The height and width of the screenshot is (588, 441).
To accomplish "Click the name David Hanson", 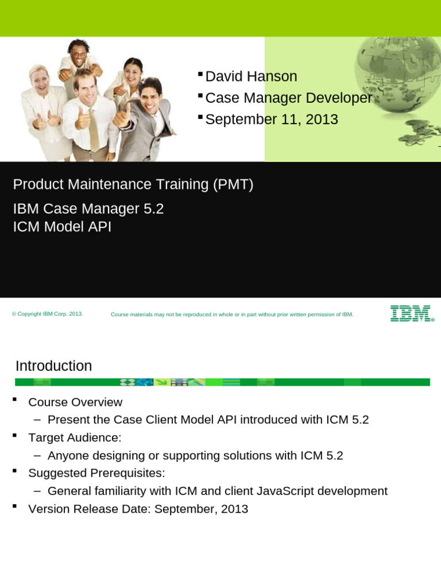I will [251, 76].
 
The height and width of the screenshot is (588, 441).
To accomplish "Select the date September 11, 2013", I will [272, 119].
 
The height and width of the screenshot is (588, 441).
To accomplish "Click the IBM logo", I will [412, 314].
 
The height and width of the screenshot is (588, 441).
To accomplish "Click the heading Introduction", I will [53, 366].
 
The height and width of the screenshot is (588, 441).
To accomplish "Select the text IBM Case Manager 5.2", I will [88, 209].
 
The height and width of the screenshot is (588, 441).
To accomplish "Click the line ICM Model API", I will [62, 227].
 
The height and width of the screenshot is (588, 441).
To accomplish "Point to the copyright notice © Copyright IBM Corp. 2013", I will [47, 314].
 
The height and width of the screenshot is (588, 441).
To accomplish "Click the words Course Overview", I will [75, 402].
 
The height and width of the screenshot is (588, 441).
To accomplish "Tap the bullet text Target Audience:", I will [75, 438].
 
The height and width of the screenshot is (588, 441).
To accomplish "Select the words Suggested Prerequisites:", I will [96, 473].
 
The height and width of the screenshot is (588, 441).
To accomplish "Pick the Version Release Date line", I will [138, 509].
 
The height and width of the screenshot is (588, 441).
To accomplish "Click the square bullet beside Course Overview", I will [15, 400].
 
